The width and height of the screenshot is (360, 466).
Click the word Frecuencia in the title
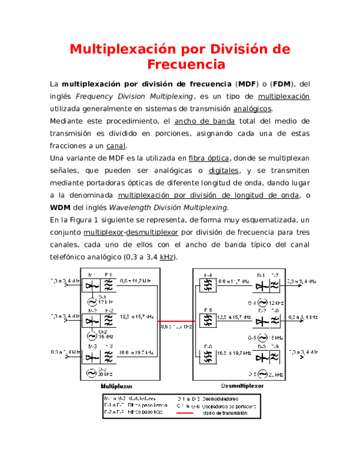coord(186,64)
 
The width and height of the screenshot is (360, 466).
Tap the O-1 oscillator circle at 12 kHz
coord(92,300)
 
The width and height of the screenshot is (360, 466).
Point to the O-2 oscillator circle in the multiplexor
coord(92,336)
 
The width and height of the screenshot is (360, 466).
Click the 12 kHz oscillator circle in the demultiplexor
coord(262,301)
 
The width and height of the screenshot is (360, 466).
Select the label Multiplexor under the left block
coord(116,386)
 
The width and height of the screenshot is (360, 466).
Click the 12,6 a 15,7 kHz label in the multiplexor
coord(137,316)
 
